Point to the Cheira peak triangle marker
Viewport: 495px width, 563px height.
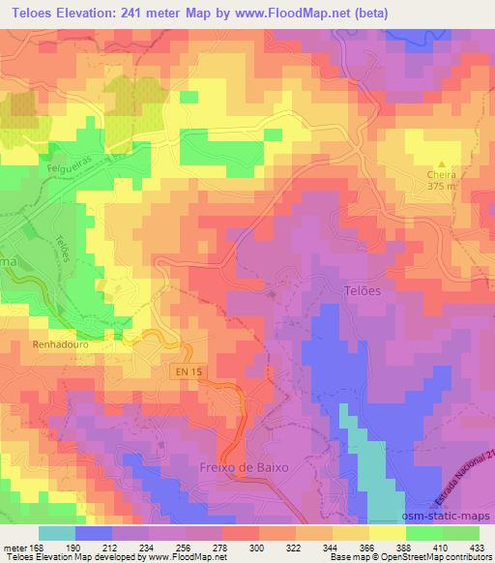[x=444, y=164]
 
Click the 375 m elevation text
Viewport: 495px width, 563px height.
[x=444, y=188]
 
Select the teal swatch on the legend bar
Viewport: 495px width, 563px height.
[x=57, y=532]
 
